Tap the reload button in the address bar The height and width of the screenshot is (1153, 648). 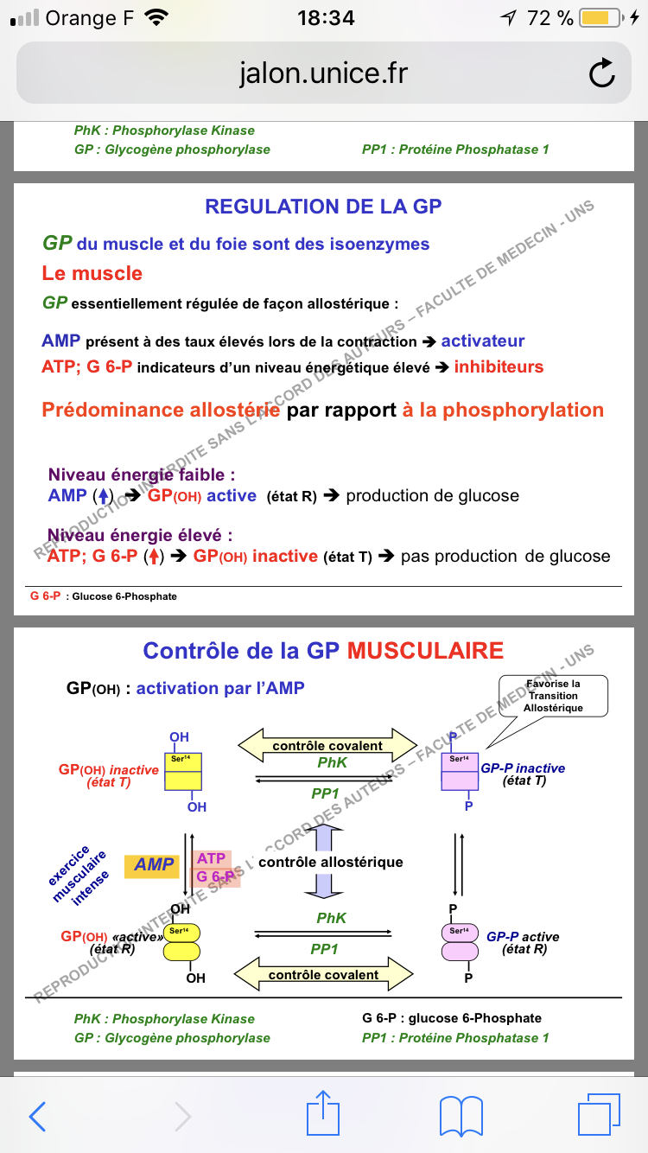tap(602, 73)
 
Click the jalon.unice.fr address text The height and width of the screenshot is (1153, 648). tap(323, 73)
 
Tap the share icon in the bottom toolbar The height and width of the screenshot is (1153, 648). tap(323, 1114)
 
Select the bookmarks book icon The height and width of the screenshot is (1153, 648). tap(461, 1116)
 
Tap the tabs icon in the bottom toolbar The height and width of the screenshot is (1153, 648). tap(599, 1116)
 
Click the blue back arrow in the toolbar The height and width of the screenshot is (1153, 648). tap(37, 1116)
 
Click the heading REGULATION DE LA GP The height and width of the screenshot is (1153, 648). tap(323, 207)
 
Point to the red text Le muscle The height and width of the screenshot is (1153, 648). tap(92, 274)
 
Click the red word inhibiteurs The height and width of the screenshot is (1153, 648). tap(499, 367)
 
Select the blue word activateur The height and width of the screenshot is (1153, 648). tap(483, 341)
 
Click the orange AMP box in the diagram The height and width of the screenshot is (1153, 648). tap(154, 865)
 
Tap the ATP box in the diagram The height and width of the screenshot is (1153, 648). tap(212, 858)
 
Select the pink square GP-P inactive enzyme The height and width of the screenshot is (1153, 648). tap(459, 772)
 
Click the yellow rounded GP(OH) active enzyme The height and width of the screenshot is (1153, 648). tap(182, 940)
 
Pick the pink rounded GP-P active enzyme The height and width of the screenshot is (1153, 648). tap(459, 940)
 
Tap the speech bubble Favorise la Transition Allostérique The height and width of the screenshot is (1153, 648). tap(554, 695)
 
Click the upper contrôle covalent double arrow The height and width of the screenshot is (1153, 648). tap(327, 745)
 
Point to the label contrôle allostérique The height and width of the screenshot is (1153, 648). tap(331, 862)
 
